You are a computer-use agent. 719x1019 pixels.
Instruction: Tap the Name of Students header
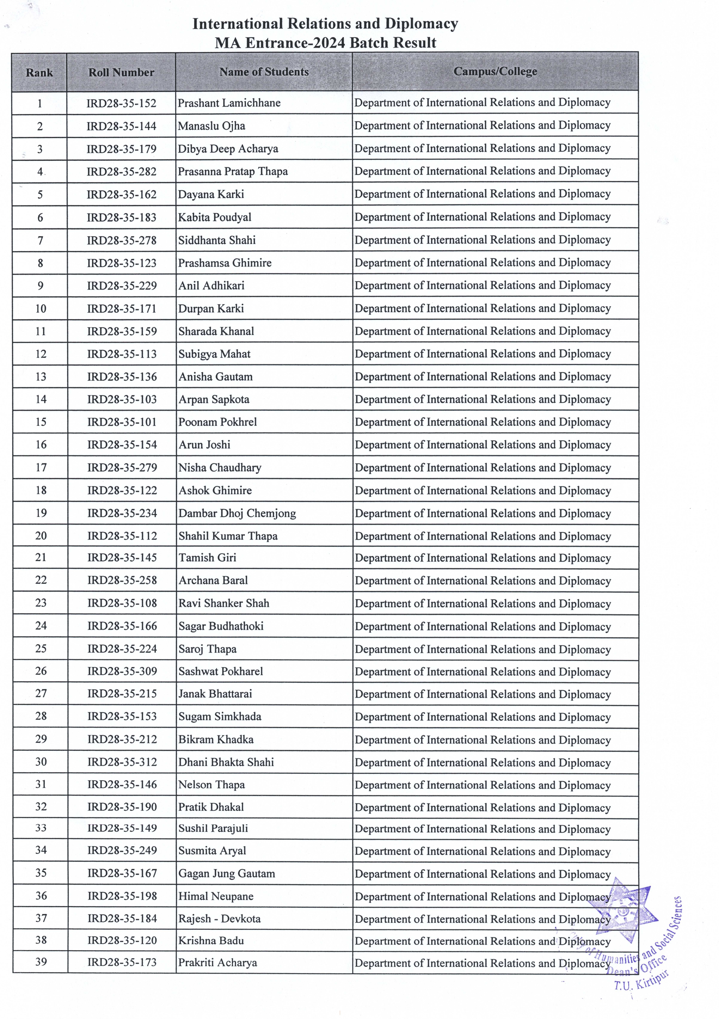(x=264, y=72)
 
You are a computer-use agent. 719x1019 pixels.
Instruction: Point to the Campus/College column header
(x=495, y=71)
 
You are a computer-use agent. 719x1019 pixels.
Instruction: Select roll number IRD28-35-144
(x=121, y=126)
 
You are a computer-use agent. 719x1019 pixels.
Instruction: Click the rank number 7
(x=40, y=240)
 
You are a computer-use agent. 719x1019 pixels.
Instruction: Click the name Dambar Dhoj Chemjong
(x=237, y=514)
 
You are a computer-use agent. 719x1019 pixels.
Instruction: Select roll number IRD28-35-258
(x=122, y=580)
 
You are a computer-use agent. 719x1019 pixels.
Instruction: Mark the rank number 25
(x=41, y=649)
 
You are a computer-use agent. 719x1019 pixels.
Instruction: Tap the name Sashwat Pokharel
(x=220, y=672)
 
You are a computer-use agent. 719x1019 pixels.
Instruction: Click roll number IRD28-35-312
(x=122, y=762)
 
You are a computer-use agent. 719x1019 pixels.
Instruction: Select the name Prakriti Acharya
(x=217, y=963)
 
